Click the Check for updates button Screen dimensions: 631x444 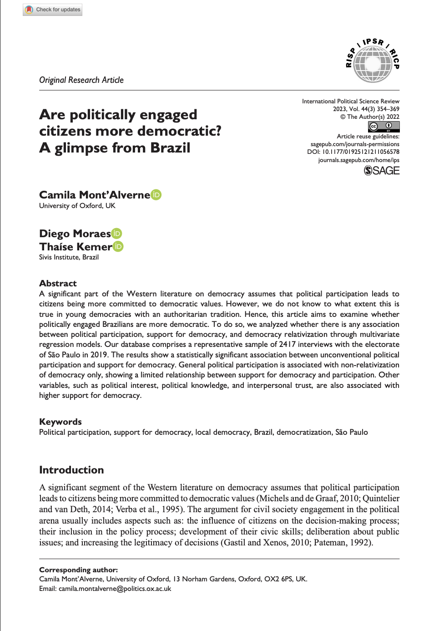click(53, 10)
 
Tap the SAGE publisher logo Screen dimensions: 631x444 click(382, 171)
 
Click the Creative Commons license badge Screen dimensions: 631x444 click(384, 127)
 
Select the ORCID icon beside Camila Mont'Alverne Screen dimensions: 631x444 click(156, 195)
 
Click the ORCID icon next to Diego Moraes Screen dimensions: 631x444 click(117, 234)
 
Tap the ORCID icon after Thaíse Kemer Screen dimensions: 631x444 click(118, 246)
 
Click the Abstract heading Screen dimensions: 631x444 click(58, 283)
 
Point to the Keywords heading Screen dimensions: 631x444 click(61, 422)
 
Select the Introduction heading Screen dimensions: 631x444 click(71, 470)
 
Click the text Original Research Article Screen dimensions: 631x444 click(81, 80)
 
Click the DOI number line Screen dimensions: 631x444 click(353, 152)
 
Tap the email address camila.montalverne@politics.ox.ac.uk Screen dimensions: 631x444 click(115, 589)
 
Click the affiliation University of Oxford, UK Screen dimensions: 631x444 click(77, 206)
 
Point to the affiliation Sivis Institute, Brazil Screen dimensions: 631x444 click(69, 257)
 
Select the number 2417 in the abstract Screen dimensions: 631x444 click(287, 345)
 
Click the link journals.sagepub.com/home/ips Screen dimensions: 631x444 click(358, 160)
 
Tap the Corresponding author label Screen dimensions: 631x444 click(78, 570)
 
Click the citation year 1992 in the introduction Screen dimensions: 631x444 click(362, 543)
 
